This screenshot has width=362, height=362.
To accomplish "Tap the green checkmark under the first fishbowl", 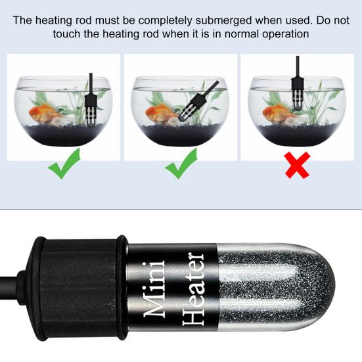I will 64,164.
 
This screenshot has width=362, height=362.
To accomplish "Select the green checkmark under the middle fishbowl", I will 180,165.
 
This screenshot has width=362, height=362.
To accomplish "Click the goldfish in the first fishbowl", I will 46,114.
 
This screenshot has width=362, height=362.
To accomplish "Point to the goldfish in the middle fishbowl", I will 160,113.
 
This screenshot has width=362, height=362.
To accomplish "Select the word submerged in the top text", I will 211,20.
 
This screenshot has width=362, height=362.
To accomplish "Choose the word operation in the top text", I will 283,34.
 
